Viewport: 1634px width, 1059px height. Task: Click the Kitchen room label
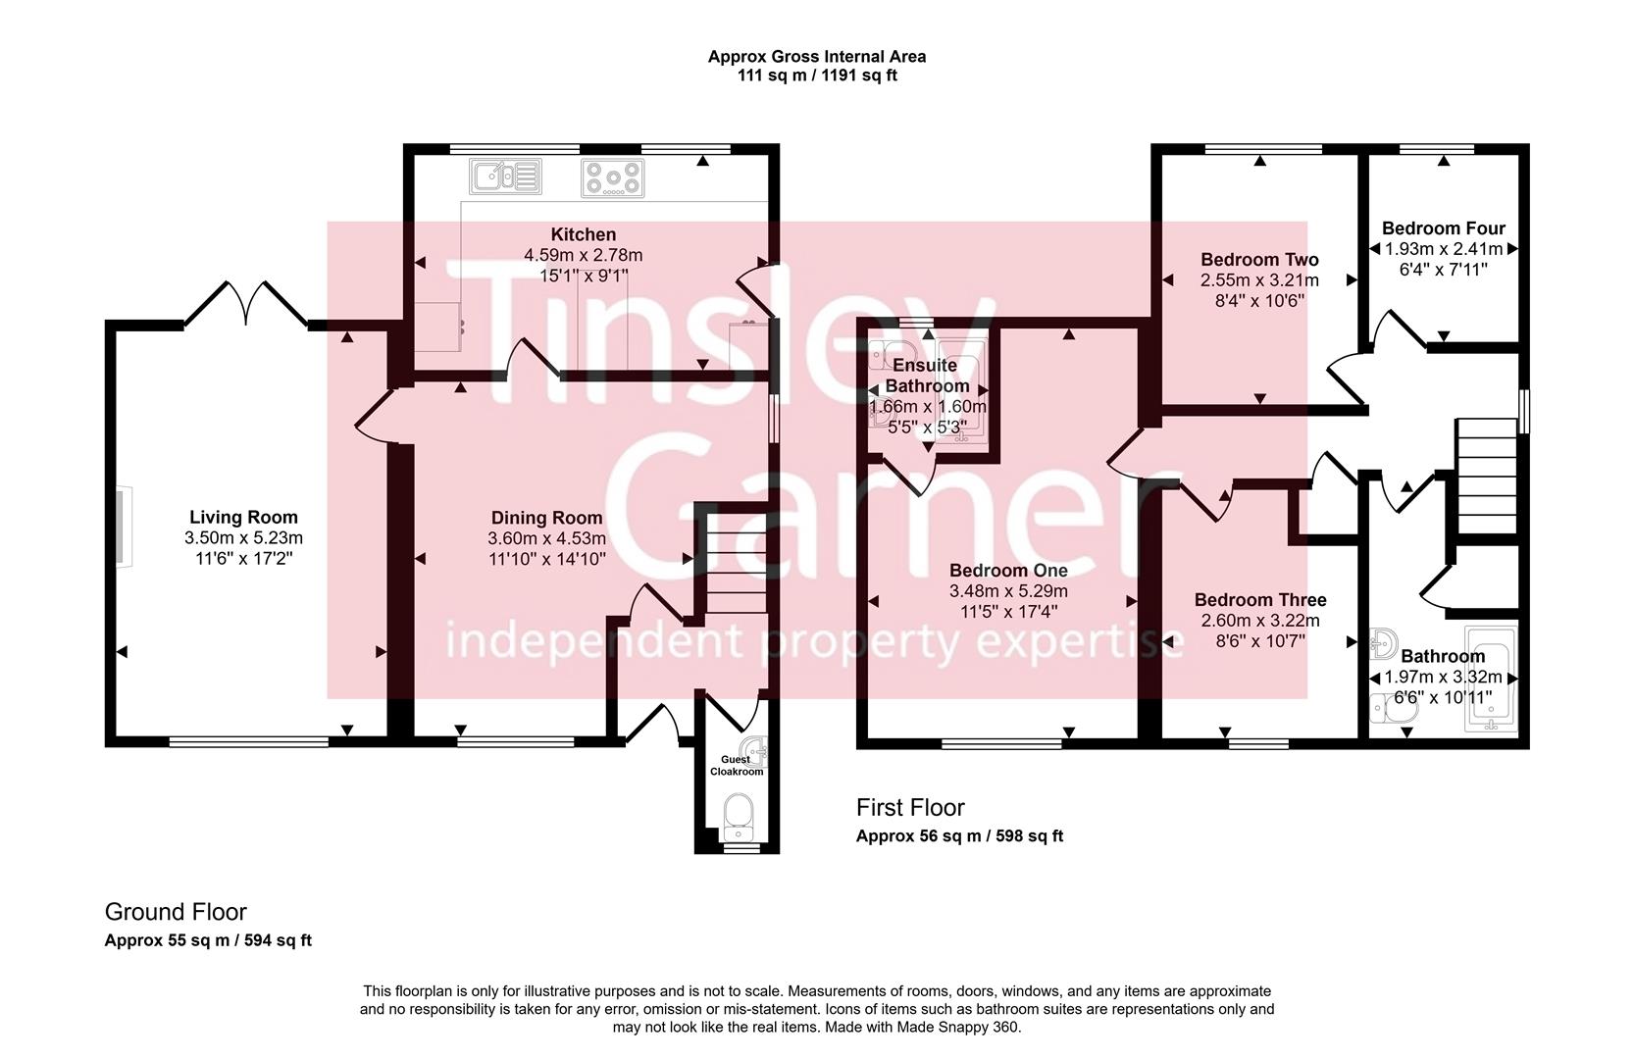coord(583,235)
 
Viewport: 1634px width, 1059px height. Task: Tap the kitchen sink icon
coord(505,176)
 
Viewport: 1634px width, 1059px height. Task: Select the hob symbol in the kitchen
coord(613,177)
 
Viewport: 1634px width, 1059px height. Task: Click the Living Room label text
coord(243,517)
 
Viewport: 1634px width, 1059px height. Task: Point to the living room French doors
coord(246,303)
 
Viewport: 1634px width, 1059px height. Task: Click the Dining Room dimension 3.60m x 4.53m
coord(547,538)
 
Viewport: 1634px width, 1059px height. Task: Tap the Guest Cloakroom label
coord(737,766)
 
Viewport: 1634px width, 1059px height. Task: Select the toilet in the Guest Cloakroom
coord(738,818)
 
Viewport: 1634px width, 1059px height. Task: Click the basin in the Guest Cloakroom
coord(753,750)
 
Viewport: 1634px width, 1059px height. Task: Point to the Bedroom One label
coord(1008,571)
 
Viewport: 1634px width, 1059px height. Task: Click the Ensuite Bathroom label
coord(927,376)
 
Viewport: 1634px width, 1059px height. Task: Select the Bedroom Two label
coord(1259,260)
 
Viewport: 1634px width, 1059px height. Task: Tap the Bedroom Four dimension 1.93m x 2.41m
coord(1444,249)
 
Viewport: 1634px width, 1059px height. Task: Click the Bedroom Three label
coord(1260,600)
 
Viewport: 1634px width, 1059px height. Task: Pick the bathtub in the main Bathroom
coord(1491,678)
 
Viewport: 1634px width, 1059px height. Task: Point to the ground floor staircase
coord(737,563)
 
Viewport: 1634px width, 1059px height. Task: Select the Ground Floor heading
coord(176,912)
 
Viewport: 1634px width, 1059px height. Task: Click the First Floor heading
coord(910,807)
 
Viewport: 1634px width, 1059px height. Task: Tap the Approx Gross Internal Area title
coord(817,56)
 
